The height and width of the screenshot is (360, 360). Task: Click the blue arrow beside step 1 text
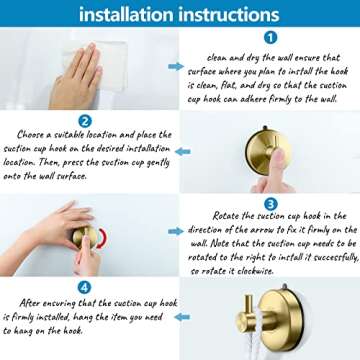pyautogui.click(x=176, y=67)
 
